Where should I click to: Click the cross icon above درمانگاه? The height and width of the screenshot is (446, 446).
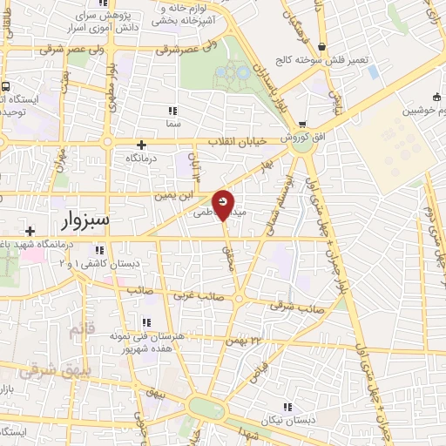pos(142,144)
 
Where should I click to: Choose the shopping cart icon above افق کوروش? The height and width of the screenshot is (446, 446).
pos(301,124)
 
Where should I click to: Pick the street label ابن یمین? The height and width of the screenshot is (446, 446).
pos(172,196)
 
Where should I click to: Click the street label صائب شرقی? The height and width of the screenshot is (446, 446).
pos(298,307)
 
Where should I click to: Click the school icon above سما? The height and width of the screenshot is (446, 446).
pos(172,111)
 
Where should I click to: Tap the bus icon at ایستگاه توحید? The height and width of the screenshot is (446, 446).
pos(6,87)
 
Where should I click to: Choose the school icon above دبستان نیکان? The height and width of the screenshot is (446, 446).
pos(287,407)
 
